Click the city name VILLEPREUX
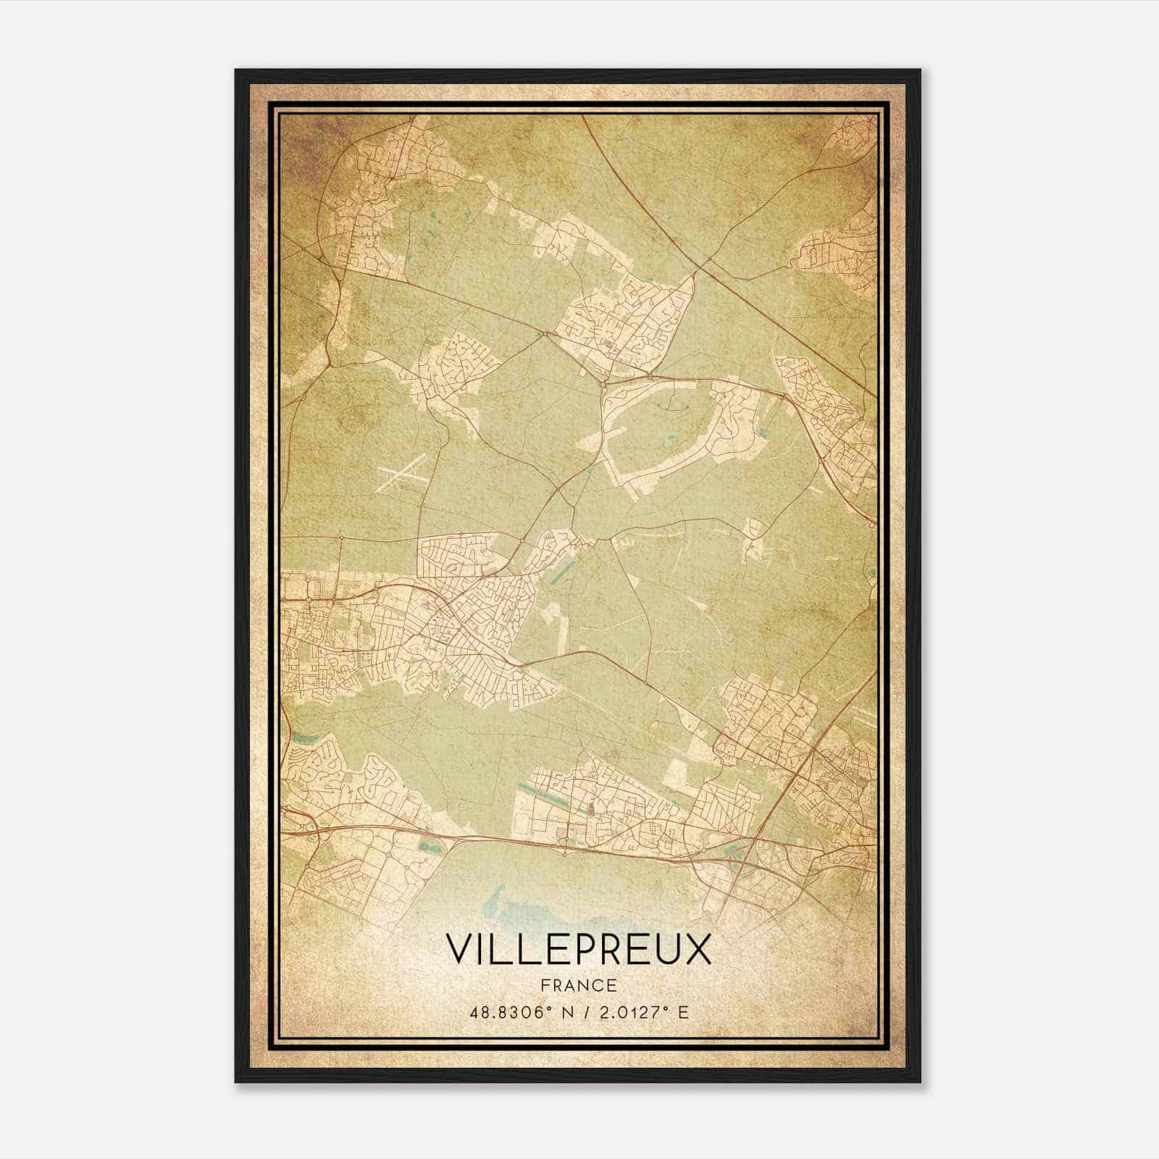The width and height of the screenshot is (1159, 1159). click(x=578, y=949)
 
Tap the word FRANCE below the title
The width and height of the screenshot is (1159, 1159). click(x=578, y=986)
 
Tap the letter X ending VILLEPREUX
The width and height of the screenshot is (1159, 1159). click(x=697, y=949)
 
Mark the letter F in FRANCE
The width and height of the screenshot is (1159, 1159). click(x=545, y=986)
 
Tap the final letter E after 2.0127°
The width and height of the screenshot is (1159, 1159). click(x=684, y=1012)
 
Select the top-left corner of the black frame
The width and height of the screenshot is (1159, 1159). click(x=236, y=70)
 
